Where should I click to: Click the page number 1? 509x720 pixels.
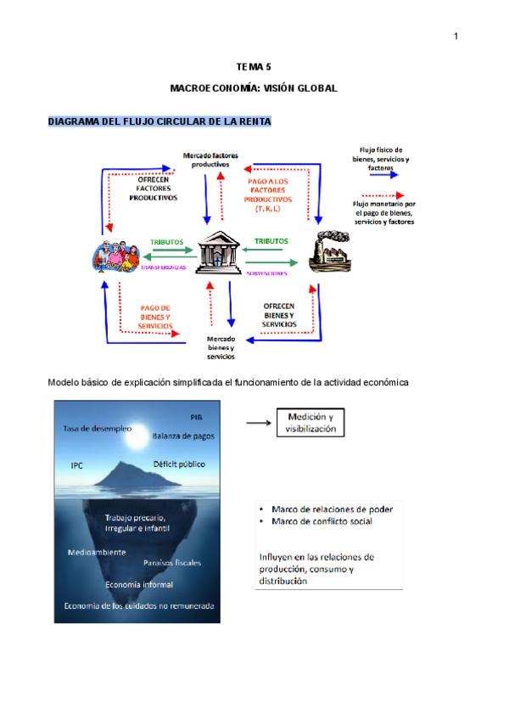pos(456,36)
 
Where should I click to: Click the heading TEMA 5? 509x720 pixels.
pos(254,66)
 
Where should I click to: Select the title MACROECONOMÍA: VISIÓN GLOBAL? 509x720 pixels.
pos(254,88)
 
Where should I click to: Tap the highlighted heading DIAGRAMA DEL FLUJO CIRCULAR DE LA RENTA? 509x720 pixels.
pos(159,122)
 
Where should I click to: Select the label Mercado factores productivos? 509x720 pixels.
pos(210,160)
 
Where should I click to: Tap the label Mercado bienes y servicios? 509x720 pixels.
pos(221,347)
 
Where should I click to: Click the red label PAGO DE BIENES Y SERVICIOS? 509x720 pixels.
pos(154,317)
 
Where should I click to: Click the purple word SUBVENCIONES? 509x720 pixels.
pos(266,274)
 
